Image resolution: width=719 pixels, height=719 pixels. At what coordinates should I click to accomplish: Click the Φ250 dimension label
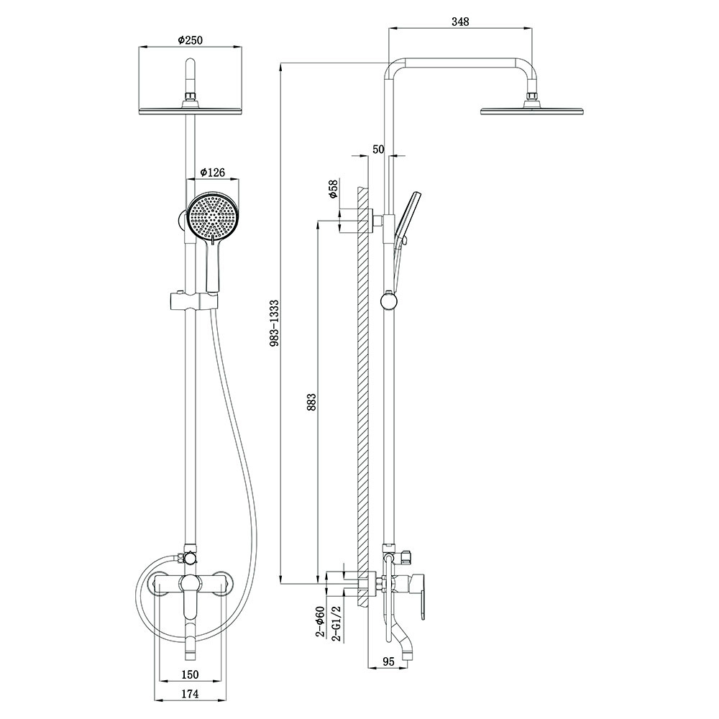click(190, 40)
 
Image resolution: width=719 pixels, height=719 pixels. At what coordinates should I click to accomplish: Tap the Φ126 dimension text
click(213, 172)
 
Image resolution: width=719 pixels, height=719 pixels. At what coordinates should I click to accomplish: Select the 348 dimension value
click(460, 22)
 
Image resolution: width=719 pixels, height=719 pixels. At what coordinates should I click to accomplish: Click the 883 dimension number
click(312, 402)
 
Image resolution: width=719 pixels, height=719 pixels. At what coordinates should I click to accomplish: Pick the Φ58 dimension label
click(334, 189)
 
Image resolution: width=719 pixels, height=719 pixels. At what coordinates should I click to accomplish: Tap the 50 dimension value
click(378, 149)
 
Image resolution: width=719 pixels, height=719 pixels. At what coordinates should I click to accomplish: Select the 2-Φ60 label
click(320, 621)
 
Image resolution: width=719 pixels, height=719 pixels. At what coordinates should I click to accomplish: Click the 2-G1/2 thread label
click(336, 622)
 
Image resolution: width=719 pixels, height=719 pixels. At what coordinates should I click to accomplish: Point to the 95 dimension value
click(388, 661)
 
